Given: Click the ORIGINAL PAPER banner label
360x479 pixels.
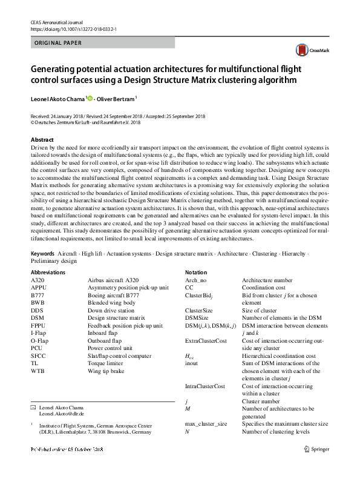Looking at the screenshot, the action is coord(56,43).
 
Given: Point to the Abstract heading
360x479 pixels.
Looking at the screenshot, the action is coord(42,139).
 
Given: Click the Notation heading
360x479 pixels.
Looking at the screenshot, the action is coord(196,273).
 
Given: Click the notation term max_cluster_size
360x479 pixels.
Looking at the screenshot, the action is coord(206,423).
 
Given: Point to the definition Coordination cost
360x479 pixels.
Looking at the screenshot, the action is coord(264,288).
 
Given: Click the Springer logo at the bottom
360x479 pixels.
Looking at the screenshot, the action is coord(317,448).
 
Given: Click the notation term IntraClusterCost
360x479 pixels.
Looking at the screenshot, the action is coord(205,386).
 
